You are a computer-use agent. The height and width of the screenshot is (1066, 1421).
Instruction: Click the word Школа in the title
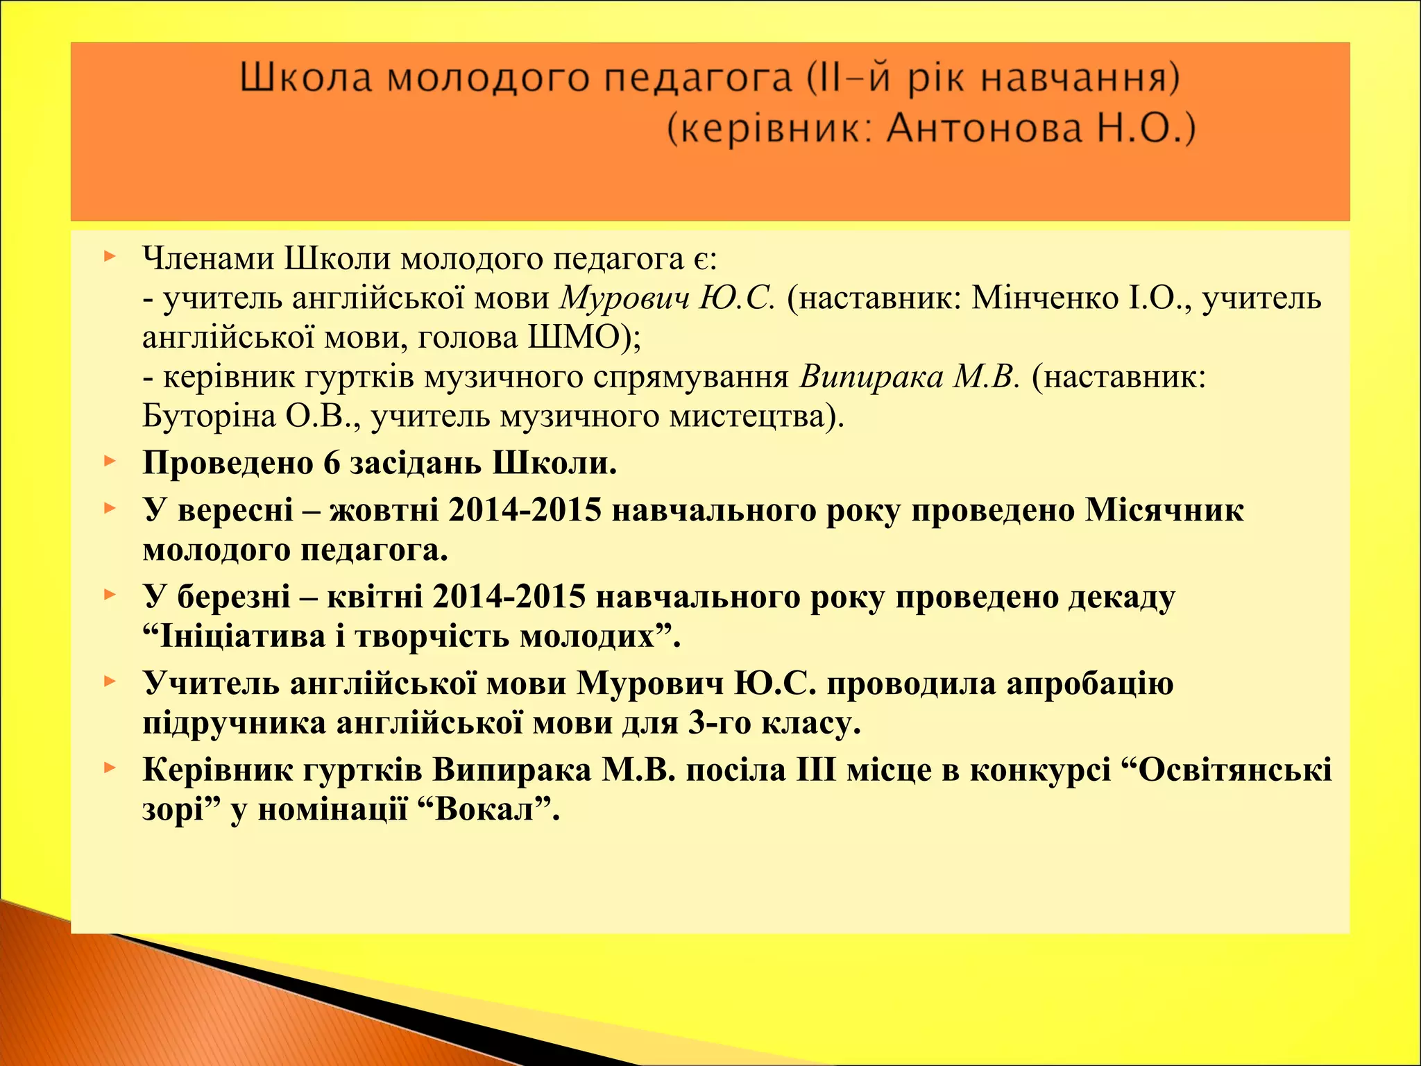[x=306, y=78]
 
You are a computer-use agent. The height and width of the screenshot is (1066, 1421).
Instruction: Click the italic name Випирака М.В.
[x=910, y=378]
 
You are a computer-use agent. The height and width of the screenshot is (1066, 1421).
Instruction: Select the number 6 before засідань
[x=332, y=464]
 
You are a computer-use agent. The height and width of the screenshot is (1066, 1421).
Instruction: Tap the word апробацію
[x=1089, y=684]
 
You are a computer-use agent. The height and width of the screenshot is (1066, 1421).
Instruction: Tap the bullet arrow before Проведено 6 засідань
[x=108, y=461]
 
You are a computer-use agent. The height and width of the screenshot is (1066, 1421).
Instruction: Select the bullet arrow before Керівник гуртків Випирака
[x=108, y=768]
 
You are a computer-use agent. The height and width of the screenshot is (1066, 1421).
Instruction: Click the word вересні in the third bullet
[x=236, y=511]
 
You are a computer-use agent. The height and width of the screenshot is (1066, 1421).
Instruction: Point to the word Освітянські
[x=1235, y=770]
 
